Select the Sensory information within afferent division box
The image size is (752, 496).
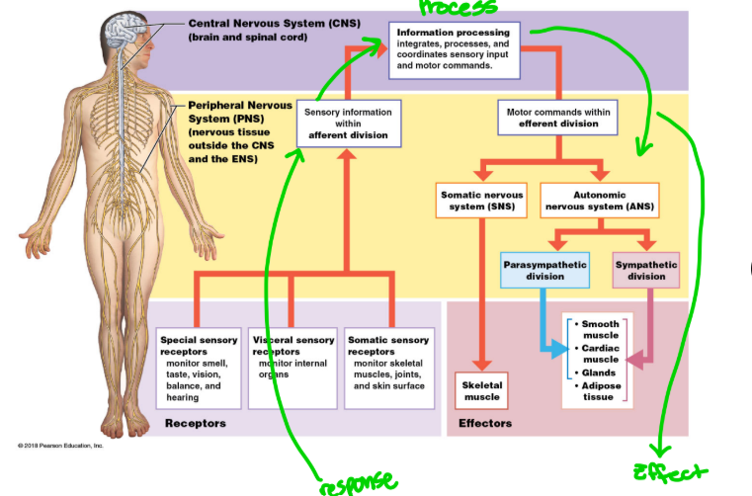[x=348, y=122]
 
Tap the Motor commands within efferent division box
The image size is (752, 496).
[x=558, y=119]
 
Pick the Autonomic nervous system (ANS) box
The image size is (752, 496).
[x=600, y=200]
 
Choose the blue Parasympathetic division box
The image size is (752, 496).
[x=544, y=271]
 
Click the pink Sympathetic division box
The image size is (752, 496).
[x=646, y=271]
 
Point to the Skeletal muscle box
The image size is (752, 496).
[x=482, y=390]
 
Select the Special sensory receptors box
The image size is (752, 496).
[x=199, y=368]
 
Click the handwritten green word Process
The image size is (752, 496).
[x=457, y=9]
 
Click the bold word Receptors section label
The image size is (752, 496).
[x=195, y=423]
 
